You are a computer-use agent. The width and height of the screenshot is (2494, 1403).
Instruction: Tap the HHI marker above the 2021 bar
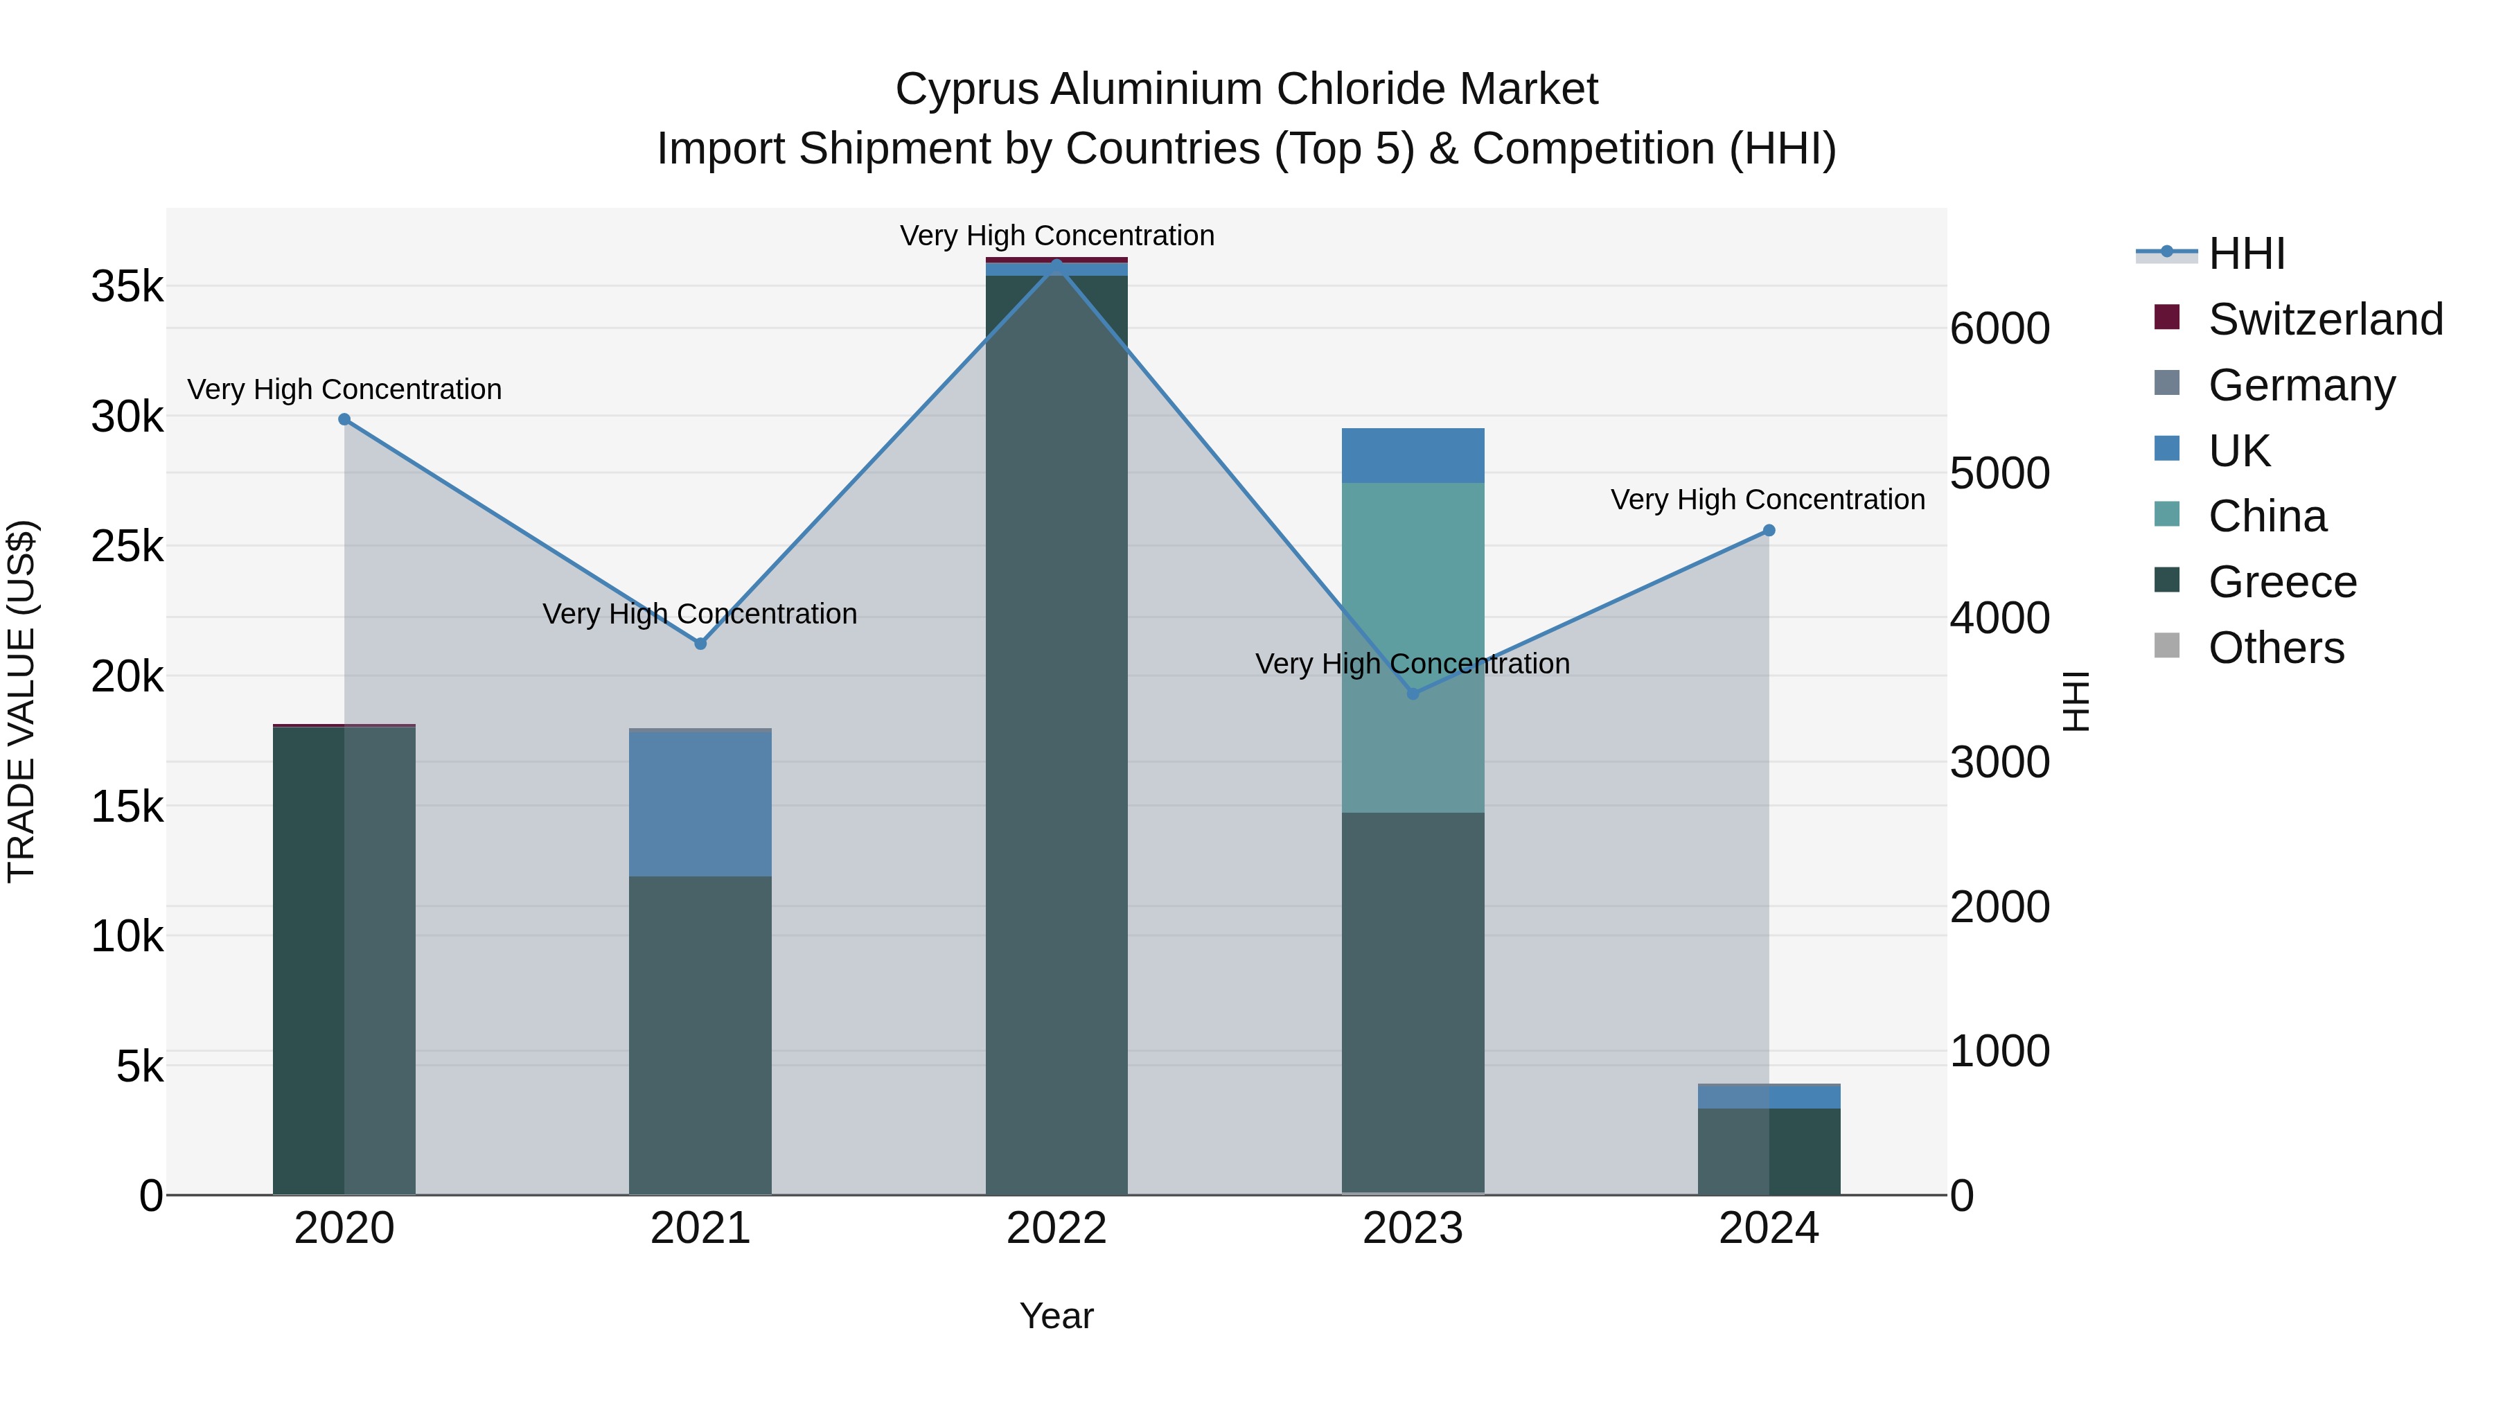pyautogui.click(x=700, y=644)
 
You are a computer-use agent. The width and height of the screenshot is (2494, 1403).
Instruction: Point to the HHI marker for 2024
pyautogui.click(x=1769, y=531)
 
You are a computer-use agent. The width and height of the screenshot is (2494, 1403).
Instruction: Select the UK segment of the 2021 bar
pyautogui.click(x=700, y=804)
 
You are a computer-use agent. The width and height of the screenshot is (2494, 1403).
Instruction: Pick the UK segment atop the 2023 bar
pyautogui.click(x=1413, y=455)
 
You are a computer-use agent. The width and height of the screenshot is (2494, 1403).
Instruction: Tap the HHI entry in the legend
pyautogui.click(x=2246, y=254)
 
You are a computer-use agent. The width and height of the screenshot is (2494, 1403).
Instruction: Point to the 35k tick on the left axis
pyautogui.click(x=127, y=287)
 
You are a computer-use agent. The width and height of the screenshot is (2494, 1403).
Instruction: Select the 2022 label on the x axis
pyautogui.click(x=1056, y=1228)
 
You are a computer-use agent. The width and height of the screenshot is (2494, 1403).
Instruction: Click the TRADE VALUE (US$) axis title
pyautogui.click(x=21, y=701)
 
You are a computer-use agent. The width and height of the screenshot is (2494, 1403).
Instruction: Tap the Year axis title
pyautogui.click(x=1056, y=1316)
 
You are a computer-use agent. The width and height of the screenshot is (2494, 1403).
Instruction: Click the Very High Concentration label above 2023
pyautogui.click(x=1413, y=664)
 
